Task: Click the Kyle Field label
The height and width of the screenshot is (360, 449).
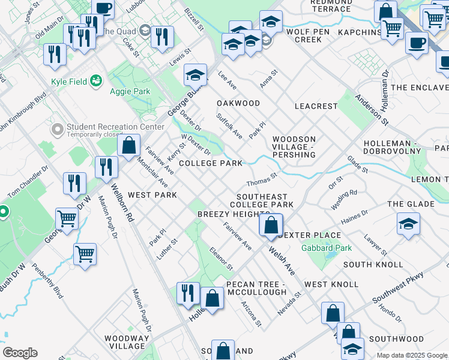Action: pos(67,81)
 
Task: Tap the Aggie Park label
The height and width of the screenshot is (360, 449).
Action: pos(130,91)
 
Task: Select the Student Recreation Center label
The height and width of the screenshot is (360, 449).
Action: pos(115,127)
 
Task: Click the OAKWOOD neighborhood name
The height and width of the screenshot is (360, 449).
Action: pos(238,103)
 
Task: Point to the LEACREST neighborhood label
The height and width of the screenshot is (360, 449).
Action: pos(316,106)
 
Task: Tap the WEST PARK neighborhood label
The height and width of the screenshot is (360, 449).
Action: pos(152,195)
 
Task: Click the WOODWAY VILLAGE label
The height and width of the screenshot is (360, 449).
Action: pos(126,342)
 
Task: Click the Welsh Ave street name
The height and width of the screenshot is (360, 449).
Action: pos(282,263)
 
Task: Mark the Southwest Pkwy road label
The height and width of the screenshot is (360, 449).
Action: pos(397,288)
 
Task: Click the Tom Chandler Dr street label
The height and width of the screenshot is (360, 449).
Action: pos(26,182)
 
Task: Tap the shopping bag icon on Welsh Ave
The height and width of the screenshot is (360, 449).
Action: pos(271,225)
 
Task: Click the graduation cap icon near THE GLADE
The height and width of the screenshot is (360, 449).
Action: pos(408,224)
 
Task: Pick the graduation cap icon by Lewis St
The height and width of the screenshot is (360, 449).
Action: pos(195,74)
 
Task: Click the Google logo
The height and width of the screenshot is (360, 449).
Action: pos(20,353)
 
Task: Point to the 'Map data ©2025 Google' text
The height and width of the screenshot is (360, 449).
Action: pos(412,355)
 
